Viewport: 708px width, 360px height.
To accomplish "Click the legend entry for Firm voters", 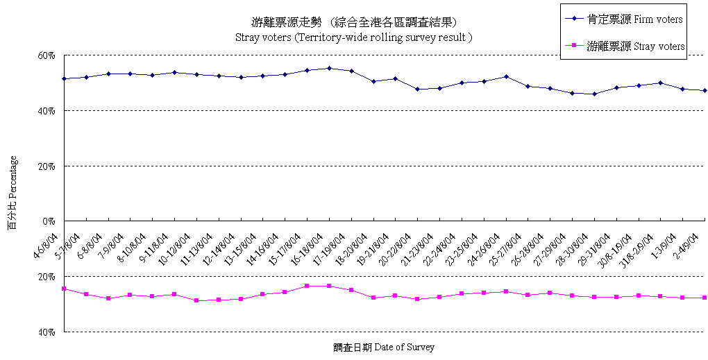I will click(x=624, y=19).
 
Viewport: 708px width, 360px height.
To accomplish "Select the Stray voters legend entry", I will click(x=625, y=46).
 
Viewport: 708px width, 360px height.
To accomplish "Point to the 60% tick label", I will click(x=47, y=55).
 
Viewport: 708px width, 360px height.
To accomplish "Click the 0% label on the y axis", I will click(x=49, y=221).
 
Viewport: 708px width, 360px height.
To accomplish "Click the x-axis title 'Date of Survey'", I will click(x=383, y=347).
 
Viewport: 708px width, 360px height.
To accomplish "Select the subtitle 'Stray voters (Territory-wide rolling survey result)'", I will click(x=354, y=37).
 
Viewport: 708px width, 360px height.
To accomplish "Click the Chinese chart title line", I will click(x=354, y=22).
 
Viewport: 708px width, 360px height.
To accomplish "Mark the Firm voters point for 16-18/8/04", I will click(x=329, y=68).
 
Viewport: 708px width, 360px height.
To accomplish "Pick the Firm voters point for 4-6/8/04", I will click(x=64, y=78).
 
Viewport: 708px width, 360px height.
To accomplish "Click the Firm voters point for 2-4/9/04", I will click(x=705, y=90).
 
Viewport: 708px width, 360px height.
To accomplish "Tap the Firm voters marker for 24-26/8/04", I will click(x=506, y=76).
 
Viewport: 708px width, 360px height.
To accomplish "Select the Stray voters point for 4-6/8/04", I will click(x=64, y=289).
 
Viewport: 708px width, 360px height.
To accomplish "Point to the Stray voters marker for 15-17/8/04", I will click(x=307, y=286).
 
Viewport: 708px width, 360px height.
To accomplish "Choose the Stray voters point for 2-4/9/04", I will click(x=705, y=298).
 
